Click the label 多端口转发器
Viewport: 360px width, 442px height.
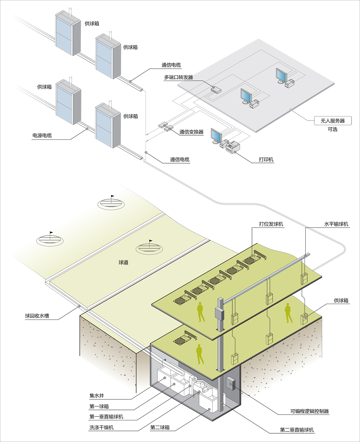pos(178,77)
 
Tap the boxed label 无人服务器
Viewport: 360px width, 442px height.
pos(332,121)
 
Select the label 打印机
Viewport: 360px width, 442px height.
pos(266,160)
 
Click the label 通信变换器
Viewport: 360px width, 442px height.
pos(191,132)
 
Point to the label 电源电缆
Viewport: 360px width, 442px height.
pos(42,136)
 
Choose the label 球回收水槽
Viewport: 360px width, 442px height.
pos(37,316)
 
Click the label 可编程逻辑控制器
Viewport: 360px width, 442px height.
pos(309,411)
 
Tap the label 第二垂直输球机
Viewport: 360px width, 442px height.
pos(297,430)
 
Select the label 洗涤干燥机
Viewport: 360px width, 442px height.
pos(101,428)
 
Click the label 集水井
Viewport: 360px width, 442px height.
pos(97,396)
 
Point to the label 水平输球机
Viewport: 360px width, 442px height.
pos(336,224)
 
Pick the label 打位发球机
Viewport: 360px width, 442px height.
pos(271,224)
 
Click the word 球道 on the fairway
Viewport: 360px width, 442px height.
pos(123,263)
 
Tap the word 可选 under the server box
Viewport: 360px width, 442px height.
pos(332,129)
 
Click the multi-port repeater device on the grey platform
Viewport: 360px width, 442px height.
pos(216,90)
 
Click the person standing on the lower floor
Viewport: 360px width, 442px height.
pos(199,354)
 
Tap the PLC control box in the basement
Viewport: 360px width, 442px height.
pos(231,383)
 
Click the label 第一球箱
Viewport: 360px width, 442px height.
pos(99,407)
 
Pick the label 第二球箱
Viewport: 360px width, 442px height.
pos(160,428)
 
